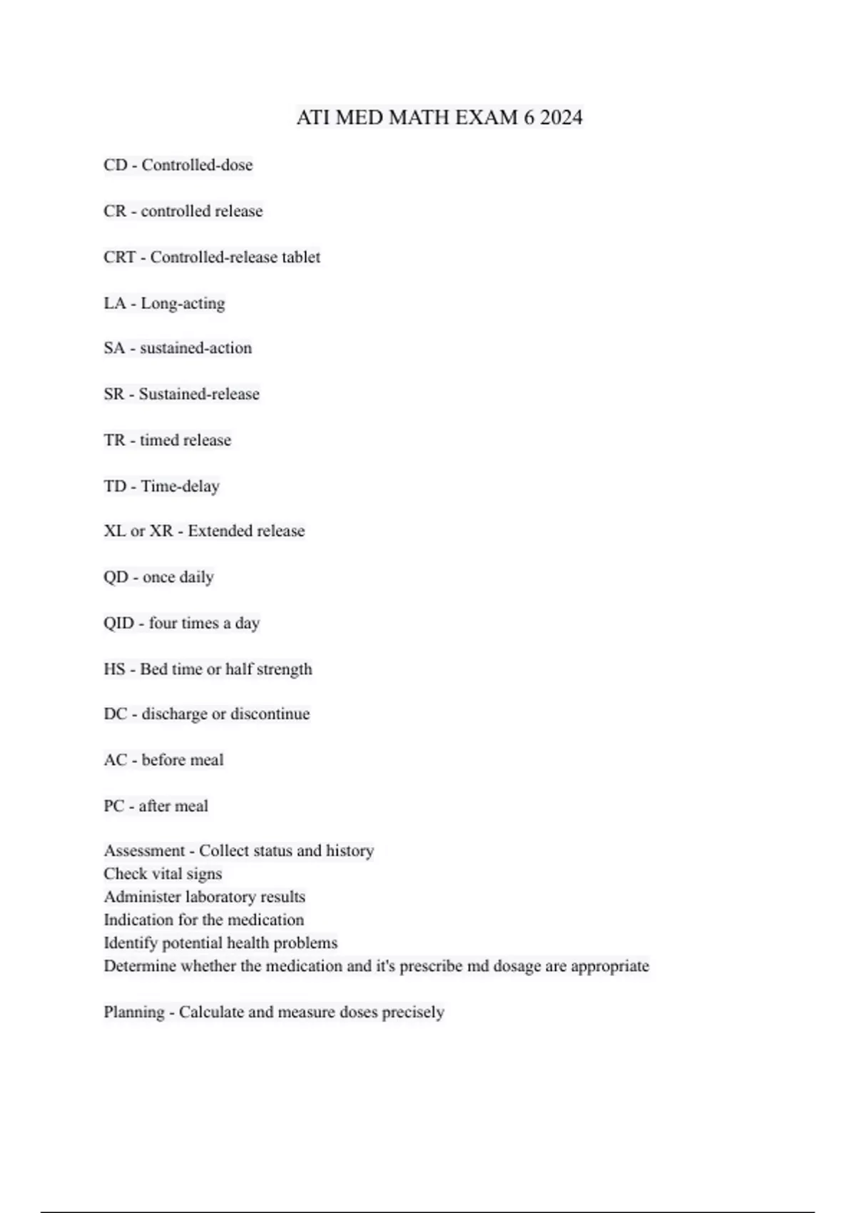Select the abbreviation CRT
point(119,257)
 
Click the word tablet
point(300,257)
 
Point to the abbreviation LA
point(114,303)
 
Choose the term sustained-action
point(195,348)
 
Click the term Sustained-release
point(199,394)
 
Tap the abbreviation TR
point(114,440)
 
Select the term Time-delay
point(180,487)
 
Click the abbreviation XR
point(161,531)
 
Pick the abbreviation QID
point(118,623)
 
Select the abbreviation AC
point(115,760)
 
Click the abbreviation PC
point(113,806)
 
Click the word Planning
point(133,1012)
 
